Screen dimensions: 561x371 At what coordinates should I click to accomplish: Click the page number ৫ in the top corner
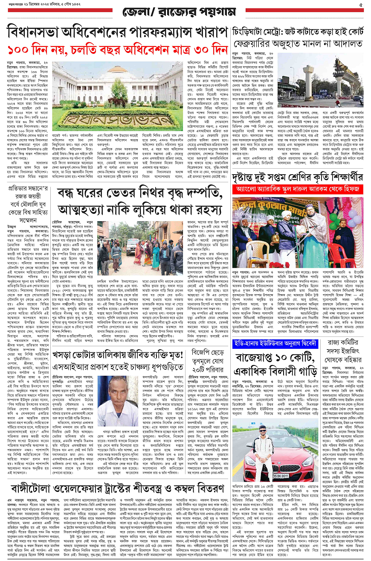pos(361,5)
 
